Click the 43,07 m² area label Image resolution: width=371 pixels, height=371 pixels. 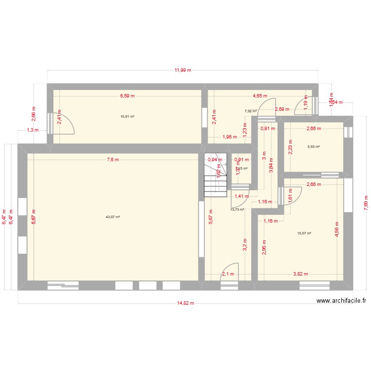point(113,217)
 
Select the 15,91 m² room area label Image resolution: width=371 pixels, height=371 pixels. point(128,117)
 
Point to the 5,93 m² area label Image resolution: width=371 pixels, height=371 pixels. point(313,146)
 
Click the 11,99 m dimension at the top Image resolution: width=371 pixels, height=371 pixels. point(183,70)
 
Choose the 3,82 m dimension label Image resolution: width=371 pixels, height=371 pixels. point(300,274)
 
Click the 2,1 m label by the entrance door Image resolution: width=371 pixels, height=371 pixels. point(228,274)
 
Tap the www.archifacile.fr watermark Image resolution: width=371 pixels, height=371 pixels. point(341,300)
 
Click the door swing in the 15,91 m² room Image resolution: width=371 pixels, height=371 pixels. point(64,124)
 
